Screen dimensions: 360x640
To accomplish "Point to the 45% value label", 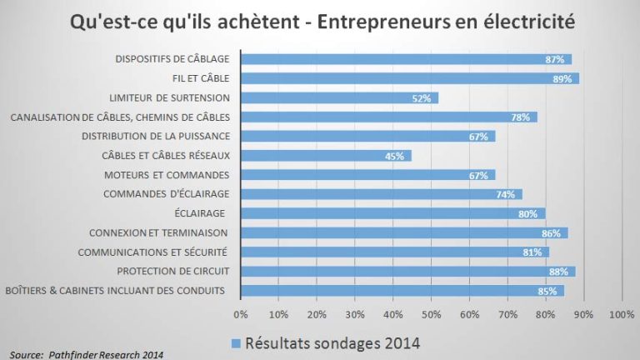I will pyautogui.click(x=394, y=156).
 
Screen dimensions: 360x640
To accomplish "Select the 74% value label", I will pyautogui.click(x=505, y=194).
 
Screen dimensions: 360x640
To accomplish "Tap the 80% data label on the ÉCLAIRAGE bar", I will pyautogui.click(x=527, y=213).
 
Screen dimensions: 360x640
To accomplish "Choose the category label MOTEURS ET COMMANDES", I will pyautogui.click(x=166, y=175).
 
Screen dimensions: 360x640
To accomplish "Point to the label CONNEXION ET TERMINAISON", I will pyautogui.click(x=157, y=232).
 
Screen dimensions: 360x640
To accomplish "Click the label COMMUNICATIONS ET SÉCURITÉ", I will pyautogui.click(x=152, y=252).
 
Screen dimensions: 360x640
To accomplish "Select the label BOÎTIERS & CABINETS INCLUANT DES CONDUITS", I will pyautogui.click(x=116, y=290).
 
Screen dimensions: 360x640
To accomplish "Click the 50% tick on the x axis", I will pyautogui.click(x=431, y=314).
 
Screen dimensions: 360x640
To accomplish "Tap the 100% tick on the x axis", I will pyautogui.click(x=622, y=314).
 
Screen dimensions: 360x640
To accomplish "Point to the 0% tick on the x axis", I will pyautogui.click(x=241, y=314).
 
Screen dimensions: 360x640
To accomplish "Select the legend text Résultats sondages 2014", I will pyautogui.click(x=330, y=342).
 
